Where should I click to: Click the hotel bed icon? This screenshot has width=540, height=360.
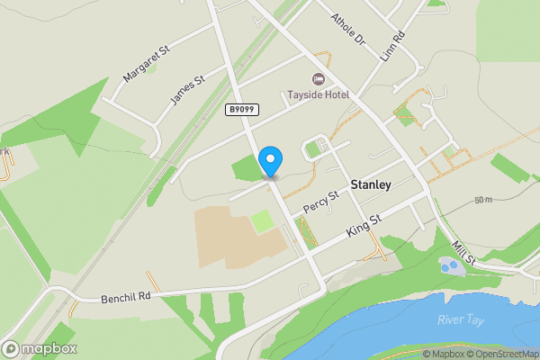(x=317, y=79)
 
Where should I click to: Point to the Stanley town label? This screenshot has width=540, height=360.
(x=371, y=184)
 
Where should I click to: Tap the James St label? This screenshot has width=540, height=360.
(x=186, y=92)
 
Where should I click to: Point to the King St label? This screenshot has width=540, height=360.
(x=364, y=226)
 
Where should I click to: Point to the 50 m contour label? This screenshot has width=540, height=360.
(x=483, y=199)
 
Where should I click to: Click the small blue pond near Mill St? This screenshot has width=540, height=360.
(x=449, y=265)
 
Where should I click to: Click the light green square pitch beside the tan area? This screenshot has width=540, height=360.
(x=262, y=220)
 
